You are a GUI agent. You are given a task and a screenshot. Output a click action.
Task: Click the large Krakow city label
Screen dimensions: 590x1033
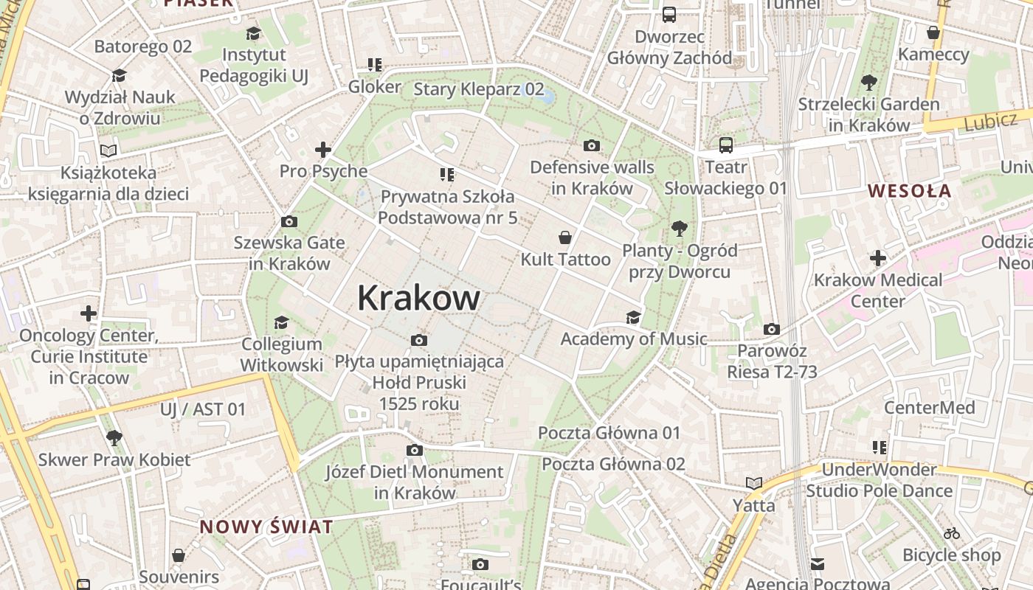[x=418, y=299]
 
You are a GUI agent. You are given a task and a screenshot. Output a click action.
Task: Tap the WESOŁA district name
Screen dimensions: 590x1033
[x=909, y=191]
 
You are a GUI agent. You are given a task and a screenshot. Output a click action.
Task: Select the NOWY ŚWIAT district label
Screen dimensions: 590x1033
[x=266, y=527]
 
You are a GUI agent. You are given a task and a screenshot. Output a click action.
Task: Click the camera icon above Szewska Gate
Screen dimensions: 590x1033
[x=289, y=221]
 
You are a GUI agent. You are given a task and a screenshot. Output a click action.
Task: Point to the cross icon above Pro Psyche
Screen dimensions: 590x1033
[x=322, y=150]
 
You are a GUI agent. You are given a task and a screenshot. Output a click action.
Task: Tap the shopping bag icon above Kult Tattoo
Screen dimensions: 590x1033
[x=565, y=237]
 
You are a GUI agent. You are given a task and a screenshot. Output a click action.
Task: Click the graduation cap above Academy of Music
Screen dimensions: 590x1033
[x=633, y=317]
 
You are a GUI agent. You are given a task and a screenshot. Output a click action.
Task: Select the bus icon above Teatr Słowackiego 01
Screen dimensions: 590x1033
[x=726, y=145]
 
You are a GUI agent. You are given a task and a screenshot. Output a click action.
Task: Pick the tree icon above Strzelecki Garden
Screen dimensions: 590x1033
[x=868, y=82]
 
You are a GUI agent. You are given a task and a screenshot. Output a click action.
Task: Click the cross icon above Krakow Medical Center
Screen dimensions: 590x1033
[x=877, y=258]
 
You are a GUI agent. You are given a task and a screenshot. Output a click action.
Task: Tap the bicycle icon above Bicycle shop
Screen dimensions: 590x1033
[x=952, y=533]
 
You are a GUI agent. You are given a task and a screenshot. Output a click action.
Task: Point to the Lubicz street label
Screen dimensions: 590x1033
[x=990, y=122]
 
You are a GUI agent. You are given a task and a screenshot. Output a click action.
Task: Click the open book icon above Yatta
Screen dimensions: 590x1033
[x=753, y=484]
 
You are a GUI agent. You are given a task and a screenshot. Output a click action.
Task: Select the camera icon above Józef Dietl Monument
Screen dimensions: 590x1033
[x=415, y=450]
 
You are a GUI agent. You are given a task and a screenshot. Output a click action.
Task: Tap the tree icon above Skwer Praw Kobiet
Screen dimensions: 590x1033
[x=114, y=438]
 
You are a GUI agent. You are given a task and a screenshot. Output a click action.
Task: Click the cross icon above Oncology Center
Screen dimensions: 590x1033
[x=89, y=313]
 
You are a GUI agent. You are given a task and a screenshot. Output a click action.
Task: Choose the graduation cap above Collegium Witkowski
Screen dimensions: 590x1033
[x=281, y=322]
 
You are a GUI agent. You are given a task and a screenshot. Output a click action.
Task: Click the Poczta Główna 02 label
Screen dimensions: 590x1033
[x=613, y=464]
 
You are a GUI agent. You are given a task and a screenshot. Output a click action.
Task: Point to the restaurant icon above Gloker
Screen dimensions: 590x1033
[x=374, y=65]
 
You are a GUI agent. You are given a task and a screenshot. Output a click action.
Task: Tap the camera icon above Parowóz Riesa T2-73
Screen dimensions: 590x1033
[x=772, y=329]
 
